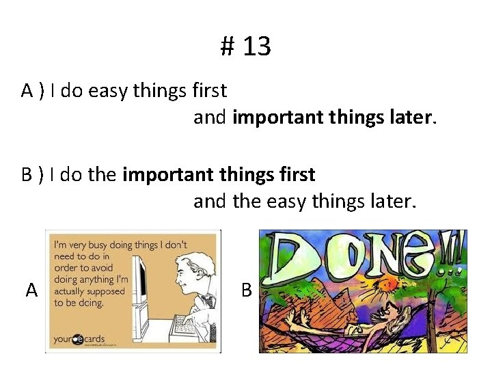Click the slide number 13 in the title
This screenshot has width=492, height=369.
pos(256,47)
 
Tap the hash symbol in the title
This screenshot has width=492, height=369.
pos(228,47)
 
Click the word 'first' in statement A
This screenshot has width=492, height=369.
pos(209,90)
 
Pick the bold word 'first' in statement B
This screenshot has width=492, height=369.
pos(297,175)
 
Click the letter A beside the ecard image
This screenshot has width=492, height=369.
pos(31,291)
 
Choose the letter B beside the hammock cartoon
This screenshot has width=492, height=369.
pos(246,290)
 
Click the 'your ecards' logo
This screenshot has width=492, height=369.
pos(79,338)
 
